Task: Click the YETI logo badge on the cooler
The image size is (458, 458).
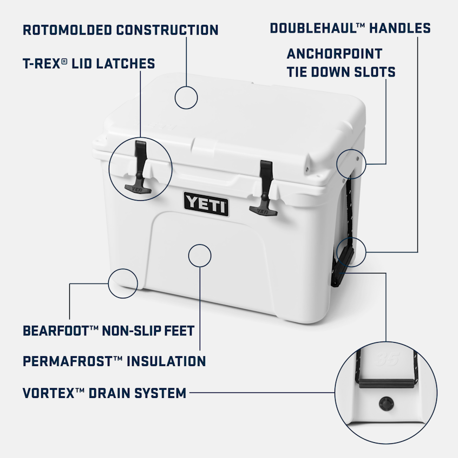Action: click(x=206, y=204)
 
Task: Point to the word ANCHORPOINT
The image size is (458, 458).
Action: click(x=334, y=54)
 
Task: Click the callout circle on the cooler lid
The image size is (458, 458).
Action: click(x=186, y=97)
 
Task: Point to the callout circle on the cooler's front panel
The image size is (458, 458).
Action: click(x=200, y=255)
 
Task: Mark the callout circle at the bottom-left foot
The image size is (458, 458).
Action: click(x=123, y=282)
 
